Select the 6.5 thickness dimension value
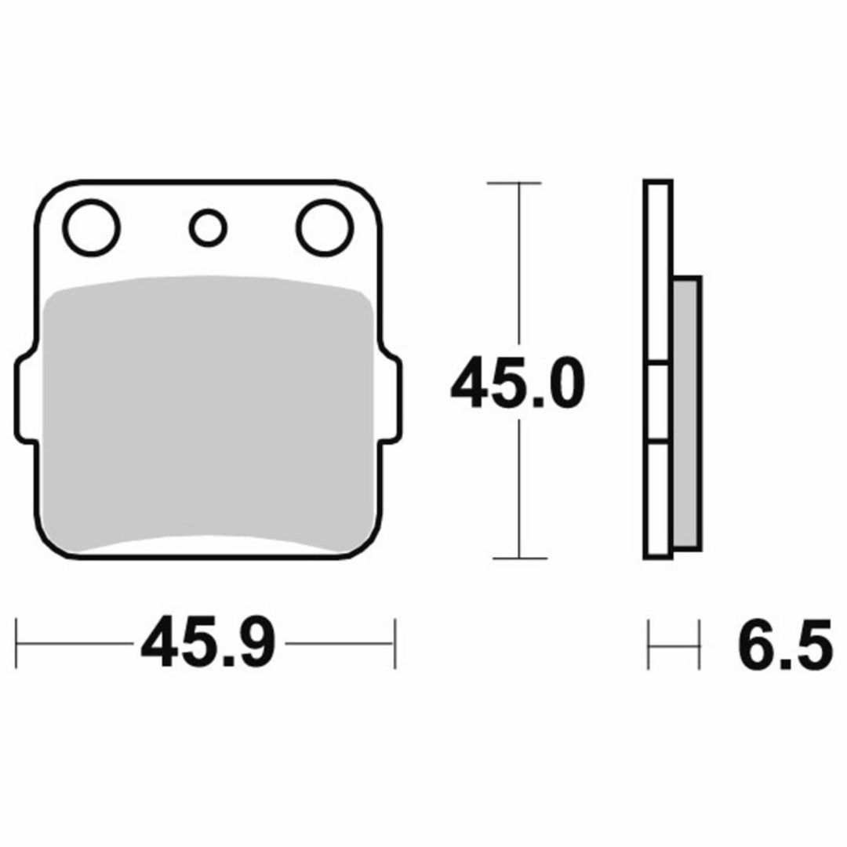784,643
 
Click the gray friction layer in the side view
688,414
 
